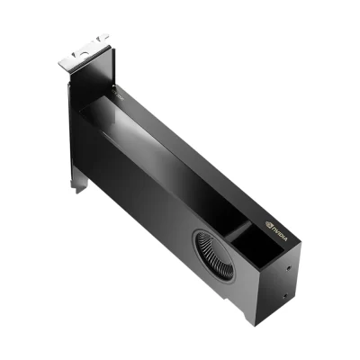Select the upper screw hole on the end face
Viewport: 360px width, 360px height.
[286, 266]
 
